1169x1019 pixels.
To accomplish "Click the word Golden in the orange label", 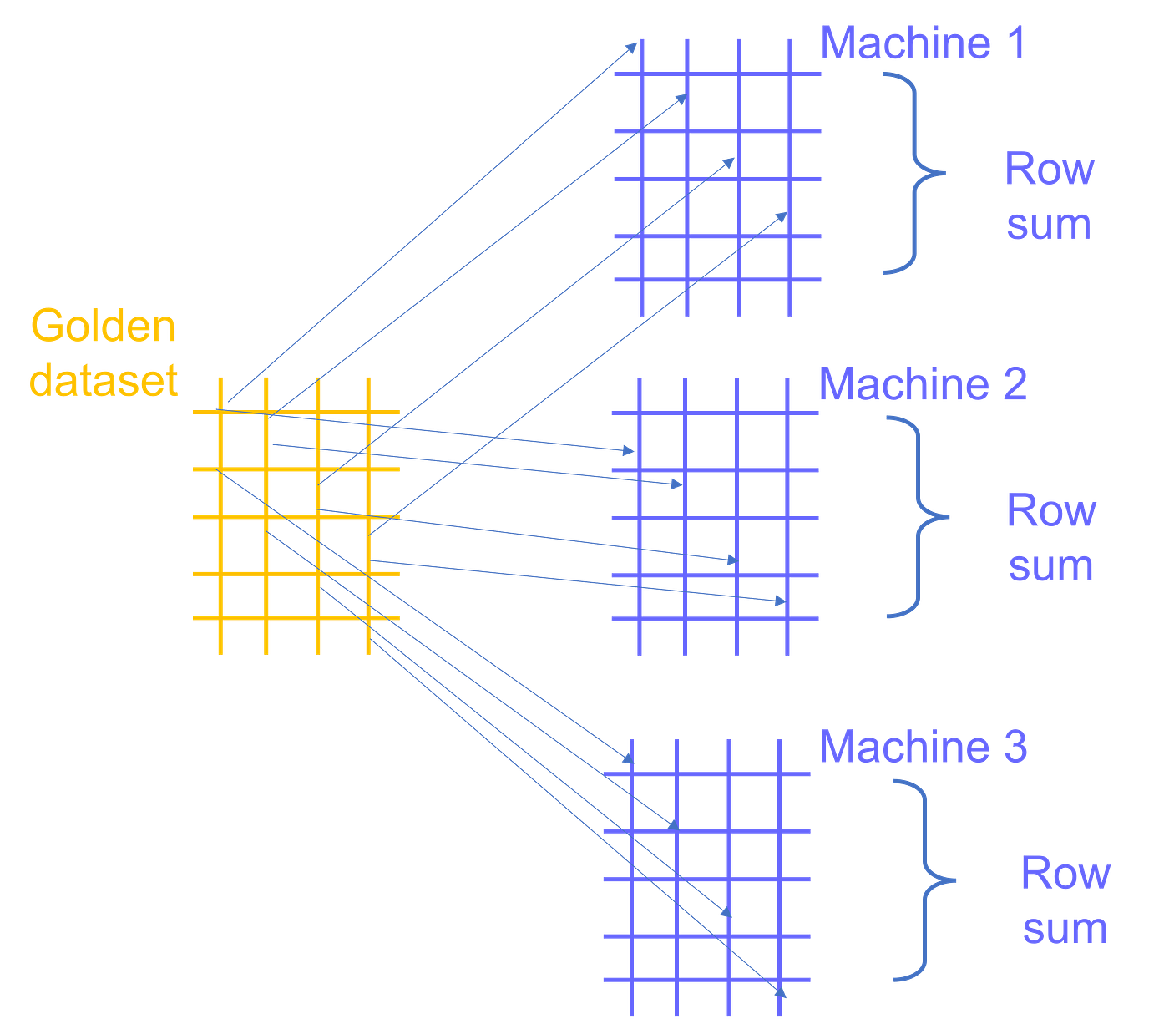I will click(103, 326).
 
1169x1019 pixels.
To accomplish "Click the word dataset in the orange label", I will click(104, 380).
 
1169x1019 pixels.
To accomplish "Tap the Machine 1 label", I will click(922, 43).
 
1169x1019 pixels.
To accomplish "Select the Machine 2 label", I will click(923, 385).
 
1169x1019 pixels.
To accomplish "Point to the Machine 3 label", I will click(923, 747).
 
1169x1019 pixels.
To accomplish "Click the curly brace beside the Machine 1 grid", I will click(913, 173).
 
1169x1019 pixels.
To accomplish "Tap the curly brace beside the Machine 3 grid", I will click(924, 880).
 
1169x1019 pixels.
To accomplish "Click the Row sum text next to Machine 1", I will click(1049, 197).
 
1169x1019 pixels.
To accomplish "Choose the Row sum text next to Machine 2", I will click(1051, 538).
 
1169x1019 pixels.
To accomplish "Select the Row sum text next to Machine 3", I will click(1065, 901).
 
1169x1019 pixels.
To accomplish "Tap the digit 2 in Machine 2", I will click(1014, 385).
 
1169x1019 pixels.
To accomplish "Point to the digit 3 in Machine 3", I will click(1015, 747).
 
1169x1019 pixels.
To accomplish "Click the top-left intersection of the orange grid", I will click(220, 412).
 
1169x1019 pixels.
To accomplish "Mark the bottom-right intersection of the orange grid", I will click(368, 619).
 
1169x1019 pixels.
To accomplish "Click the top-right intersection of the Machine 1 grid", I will click(790, 74).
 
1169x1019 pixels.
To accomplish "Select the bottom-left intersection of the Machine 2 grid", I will click(640, 620).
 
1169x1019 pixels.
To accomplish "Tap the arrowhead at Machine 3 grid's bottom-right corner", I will click(781, 991).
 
